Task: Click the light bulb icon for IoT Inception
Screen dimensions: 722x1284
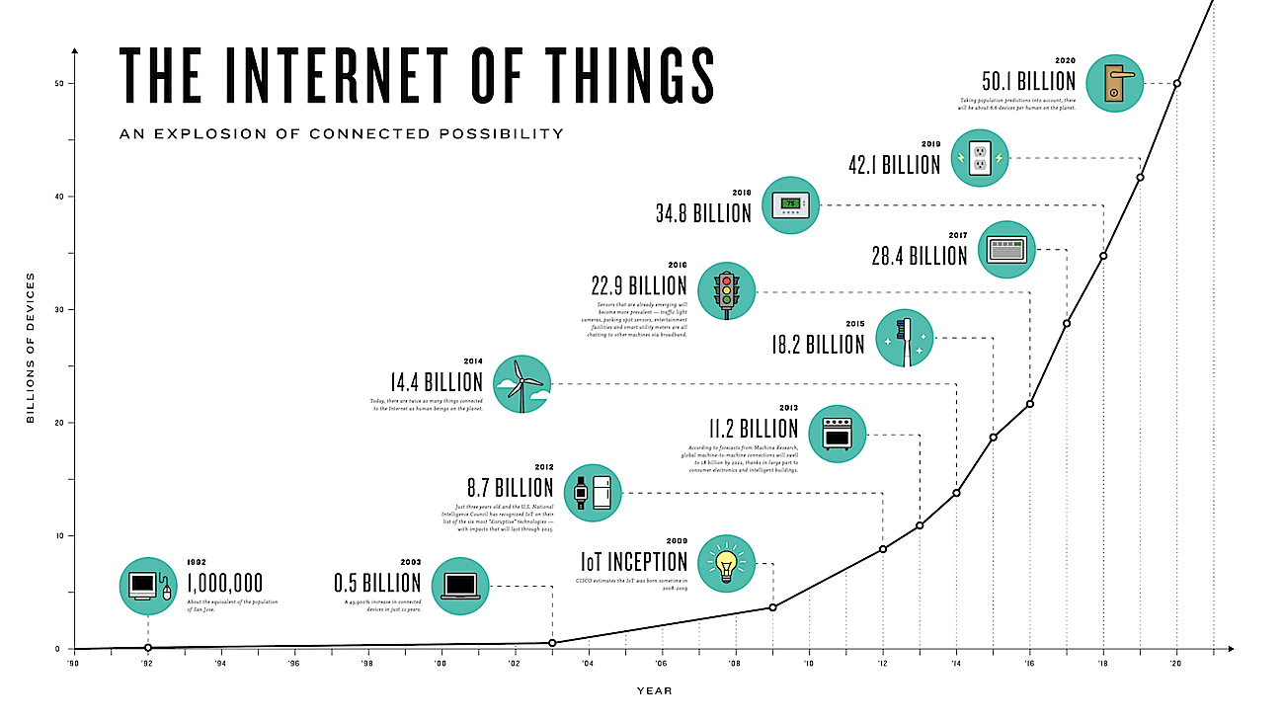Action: pos(727,564)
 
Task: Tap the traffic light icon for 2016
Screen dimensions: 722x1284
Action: pos(727,291)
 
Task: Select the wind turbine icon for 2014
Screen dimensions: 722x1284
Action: pos(522,383)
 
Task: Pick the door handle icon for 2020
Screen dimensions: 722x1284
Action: pos(1114,83)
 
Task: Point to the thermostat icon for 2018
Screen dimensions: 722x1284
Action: pos(791,205)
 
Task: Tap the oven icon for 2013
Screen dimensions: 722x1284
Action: pos(837,433)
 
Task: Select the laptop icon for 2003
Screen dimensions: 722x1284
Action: pos(460,586)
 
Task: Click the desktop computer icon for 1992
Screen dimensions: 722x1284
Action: pos(148,586)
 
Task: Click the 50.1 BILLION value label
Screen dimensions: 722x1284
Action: pos(1027,81)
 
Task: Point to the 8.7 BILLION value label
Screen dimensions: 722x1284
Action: pos(510,488)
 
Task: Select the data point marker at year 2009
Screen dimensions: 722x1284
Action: pos(772,606)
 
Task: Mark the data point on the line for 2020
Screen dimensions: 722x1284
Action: pos(1176,83)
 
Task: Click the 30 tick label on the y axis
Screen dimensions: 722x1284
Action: pos(58,309)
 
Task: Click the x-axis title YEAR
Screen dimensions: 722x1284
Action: pos(654,690)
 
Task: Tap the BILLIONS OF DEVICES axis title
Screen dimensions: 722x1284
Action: pos(31,348)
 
